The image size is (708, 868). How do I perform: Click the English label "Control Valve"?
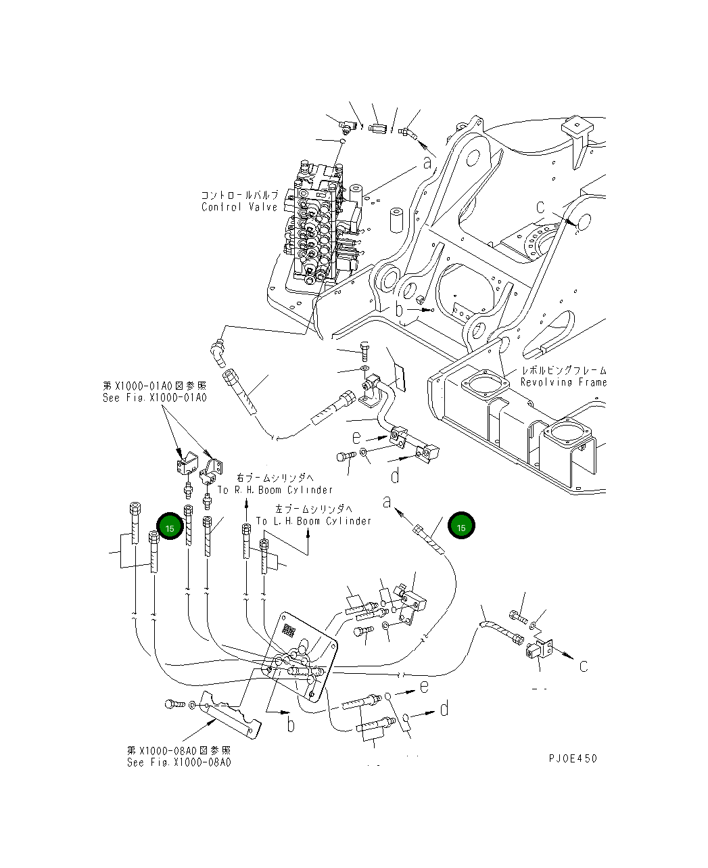(239, 207)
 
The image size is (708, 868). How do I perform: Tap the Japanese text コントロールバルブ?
(239, 195)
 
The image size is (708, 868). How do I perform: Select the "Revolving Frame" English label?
(563, 382)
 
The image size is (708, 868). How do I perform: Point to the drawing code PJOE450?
(573, 758)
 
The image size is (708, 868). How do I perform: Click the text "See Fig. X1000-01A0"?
(154, 398)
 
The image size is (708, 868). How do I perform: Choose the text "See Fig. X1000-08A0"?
(179, 762)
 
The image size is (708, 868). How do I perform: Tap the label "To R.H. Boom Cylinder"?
(275, 490)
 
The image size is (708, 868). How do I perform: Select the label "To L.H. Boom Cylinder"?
(313, 521)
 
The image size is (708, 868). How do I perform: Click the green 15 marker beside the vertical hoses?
(170, 528)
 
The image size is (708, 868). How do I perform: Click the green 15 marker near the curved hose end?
(462, 527)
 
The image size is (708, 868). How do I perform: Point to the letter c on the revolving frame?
(540, 207)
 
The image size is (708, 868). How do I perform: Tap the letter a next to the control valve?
(427, 162)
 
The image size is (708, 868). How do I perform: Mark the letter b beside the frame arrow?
(400, 310)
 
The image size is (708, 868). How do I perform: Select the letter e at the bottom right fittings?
(424, 687)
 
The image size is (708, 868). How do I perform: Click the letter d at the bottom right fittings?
(444, 709)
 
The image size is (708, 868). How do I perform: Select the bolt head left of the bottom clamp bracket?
(172, 704)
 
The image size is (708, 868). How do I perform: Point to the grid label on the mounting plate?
(289, 631)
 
